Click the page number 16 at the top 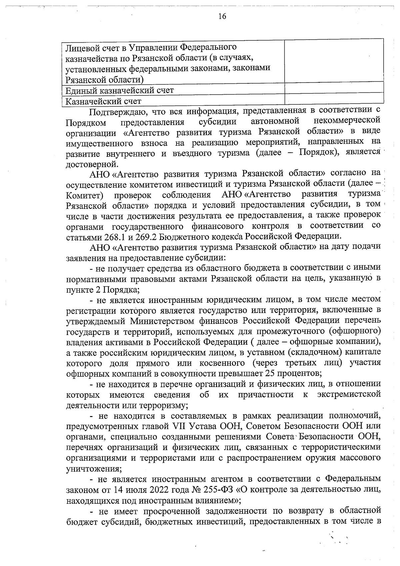[222, 16]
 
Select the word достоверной [88, 164]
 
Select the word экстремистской [349, 395]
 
